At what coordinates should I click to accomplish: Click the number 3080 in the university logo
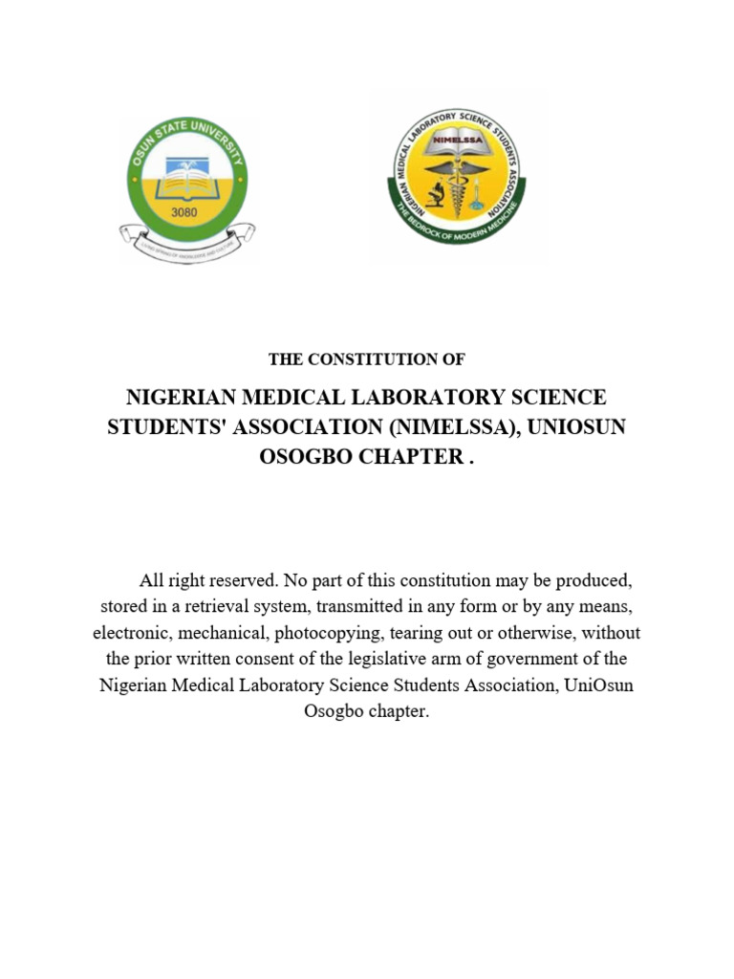183,212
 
